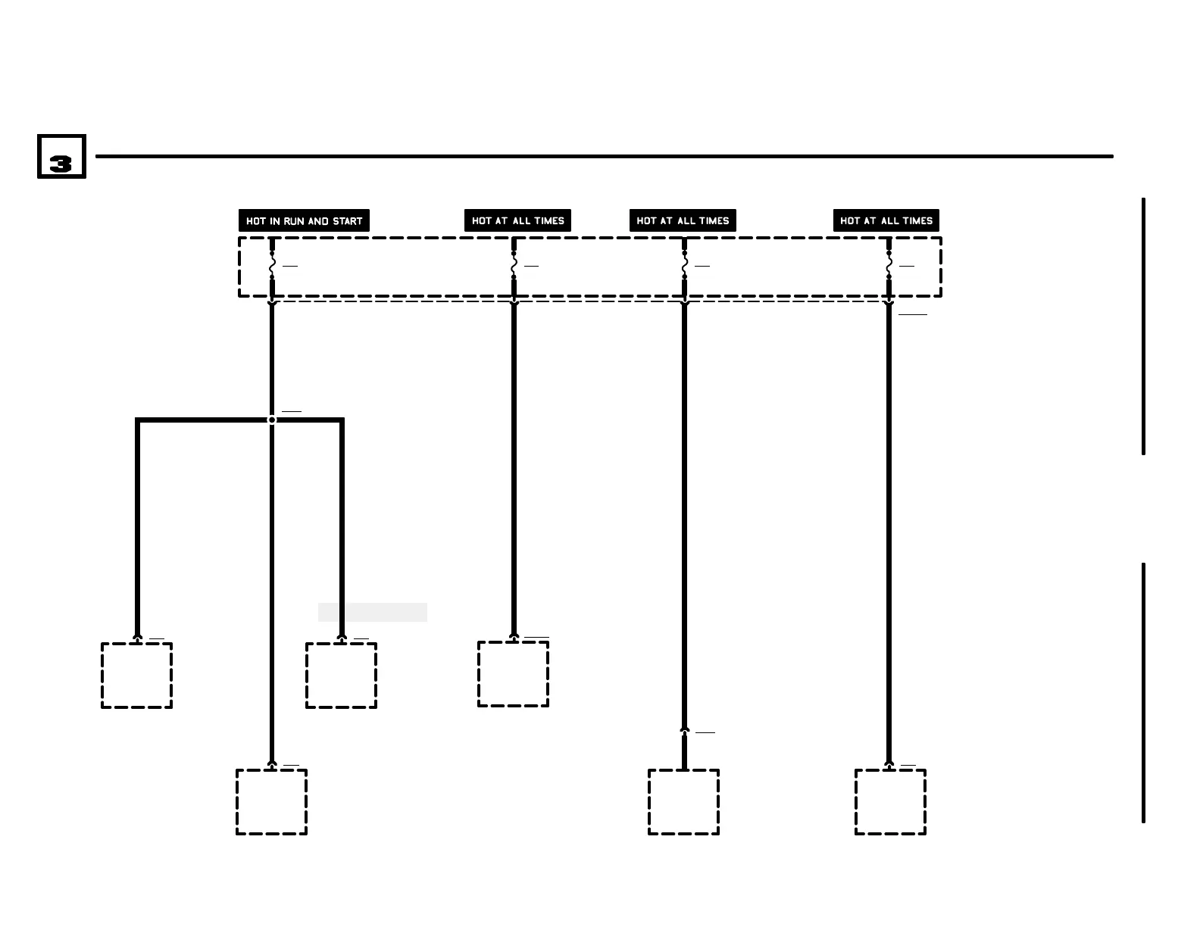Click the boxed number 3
tap(61, 157)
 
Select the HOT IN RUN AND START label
tap(304, 220)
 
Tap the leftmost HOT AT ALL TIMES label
tap(517, 220)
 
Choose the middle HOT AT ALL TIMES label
tap(683, 220)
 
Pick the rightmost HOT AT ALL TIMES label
tap(886, 220)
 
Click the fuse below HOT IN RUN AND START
tap(272, 266)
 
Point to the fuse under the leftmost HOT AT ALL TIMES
tap(514, 266)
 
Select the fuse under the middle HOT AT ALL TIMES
tap(684, 266)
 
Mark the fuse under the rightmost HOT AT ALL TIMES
tap(889, 266)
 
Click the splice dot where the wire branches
tap(272, 420)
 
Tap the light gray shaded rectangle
tap(372, 612)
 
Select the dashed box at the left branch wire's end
tap(137, 676)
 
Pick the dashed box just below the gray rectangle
tap(341, 676)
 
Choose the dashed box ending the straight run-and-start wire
tap(271, 802)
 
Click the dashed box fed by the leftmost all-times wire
tap(513, 674)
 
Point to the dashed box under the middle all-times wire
tap(683, 802)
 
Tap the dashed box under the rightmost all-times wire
tap(890, 802)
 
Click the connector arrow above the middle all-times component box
tap(684, 731)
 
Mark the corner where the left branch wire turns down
tap(138, 420)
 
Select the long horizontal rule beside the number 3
tap(604, 157)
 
